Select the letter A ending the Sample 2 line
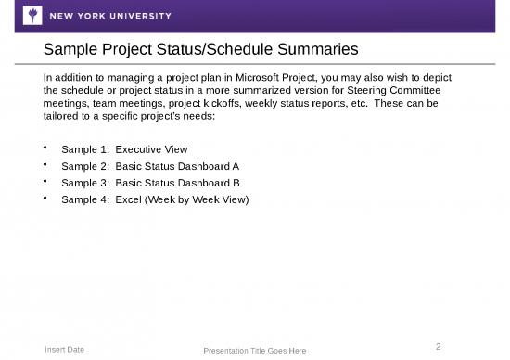(x=236, y=166)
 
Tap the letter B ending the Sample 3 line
(x=236, y=183)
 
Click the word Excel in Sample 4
(x=129, y=199)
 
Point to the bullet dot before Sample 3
(x=46, y=182)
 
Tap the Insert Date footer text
(x=65, y=349)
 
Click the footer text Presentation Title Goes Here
(x=254, y=351)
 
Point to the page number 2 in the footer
(x=439, y=346)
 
